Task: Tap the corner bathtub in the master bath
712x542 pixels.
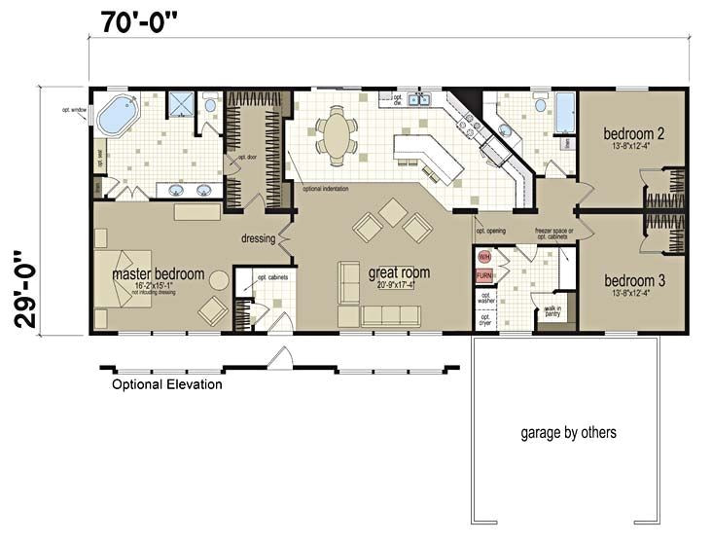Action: tap(117, 115)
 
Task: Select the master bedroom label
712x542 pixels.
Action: tap(159, 274)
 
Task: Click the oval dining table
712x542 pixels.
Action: tap(337, 135)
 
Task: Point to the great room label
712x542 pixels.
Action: tap(399, 272)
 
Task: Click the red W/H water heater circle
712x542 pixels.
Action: tap(484, 258)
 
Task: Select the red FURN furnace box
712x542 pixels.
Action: tap(484, 275)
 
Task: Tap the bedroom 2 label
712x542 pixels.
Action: tap(633, 134)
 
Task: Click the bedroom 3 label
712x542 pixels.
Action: tap(633, 280)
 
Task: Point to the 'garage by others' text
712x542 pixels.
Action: tap(568, 432)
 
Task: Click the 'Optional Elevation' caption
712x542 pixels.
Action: tap(166, 384)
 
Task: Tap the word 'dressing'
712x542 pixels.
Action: tap(259, 237)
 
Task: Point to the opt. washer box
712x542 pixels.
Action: tap(486, 299)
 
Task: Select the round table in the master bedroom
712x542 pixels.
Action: tap(219, 281)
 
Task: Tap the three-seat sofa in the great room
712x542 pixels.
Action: tap(390, 315)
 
